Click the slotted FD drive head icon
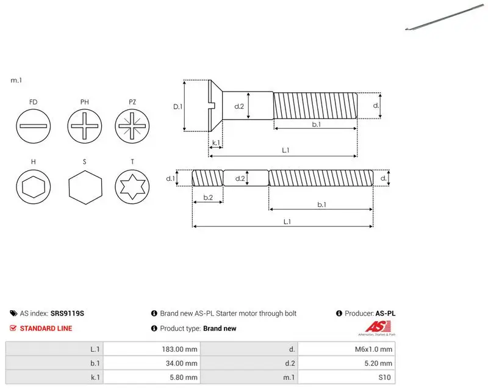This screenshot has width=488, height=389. click(34, 126)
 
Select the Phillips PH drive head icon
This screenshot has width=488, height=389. click(85, 126)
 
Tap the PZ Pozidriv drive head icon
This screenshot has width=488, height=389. click(132, 126)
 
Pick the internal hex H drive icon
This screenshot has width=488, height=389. click(34, 186)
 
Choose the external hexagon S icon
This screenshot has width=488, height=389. click(85, 187)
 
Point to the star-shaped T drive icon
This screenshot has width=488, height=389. click(132, 186)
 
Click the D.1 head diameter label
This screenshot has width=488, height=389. click(178, 107)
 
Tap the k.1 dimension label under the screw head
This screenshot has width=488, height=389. click(216, 143)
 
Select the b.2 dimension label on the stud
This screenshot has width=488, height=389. click(208, 197)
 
